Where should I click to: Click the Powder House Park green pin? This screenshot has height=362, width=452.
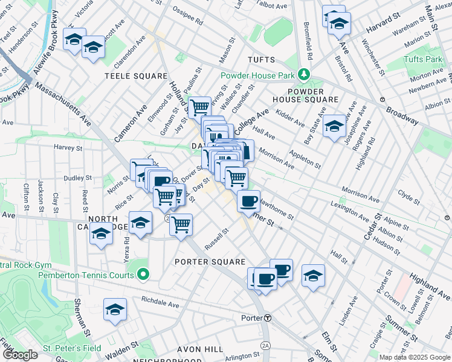[x=304, y=75]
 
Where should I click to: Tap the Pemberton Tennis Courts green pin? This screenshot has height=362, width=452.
[x=143, y=275]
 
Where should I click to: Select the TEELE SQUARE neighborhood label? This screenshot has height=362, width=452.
[x=136, y=76]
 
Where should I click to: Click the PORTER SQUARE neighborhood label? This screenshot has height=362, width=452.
[x=210, y=262]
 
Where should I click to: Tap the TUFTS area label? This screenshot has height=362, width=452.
[x=261, y=60]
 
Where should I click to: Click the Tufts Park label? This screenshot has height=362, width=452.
[x=423, y=59]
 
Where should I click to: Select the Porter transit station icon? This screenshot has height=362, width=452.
[x=266, y=318]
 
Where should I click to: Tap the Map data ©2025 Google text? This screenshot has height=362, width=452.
[x=415, y=357]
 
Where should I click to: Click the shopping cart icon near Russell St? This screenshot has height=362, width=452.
[x=181, y=225]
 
